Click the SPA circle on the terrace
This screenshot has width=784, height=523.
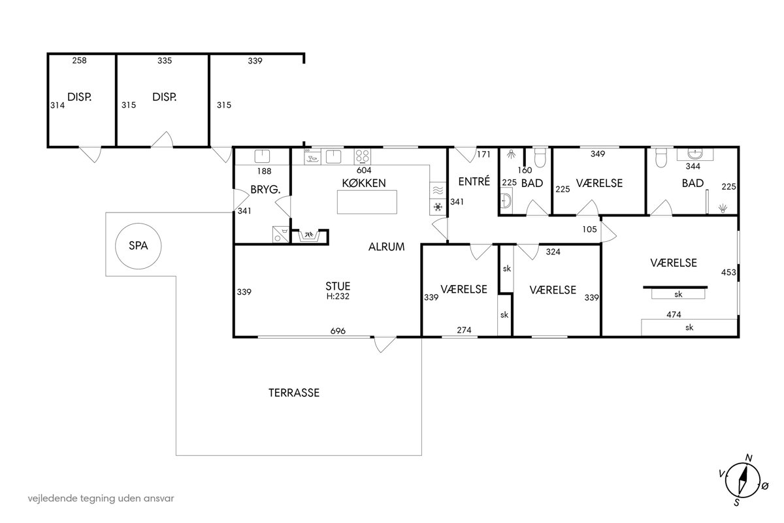116,246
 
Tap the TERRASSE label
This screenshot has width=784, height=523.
294,393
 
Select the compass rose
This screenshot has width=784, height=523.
742,481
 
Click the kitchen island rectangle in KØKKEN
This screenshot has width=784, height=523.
367,202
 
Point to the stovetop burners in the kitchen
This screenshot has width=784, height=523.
362,157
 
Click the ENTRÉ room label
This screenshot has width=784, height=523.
474,182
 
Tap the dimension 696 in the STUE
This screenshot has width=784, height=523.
338,331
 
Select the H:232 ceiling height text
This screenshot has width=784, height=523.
338,296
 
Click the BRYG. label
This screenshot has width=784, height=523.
265,190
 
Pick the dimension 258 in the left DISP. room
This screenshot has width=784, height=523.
80,60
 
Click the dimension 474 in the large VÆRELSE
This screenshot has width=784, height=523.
674,314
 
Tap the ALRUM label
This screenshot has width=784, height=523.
386,247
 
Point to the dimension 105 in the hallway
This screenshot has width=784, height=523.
589,229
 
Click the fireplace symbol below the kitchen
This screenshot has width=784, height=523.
309,237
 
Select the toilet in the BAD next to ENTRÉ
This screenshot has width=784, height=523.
540,157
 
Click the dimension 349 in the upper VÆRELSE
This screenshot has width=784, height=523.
598,154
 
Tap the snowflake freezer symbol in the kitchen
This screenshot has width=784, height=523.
438,207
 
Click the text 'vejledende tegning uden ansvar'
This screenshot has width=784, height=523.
101,498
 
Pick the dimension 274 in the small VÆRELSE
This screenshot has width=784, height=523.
464,330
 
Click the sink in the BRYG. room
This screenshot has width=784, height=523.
262,156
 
